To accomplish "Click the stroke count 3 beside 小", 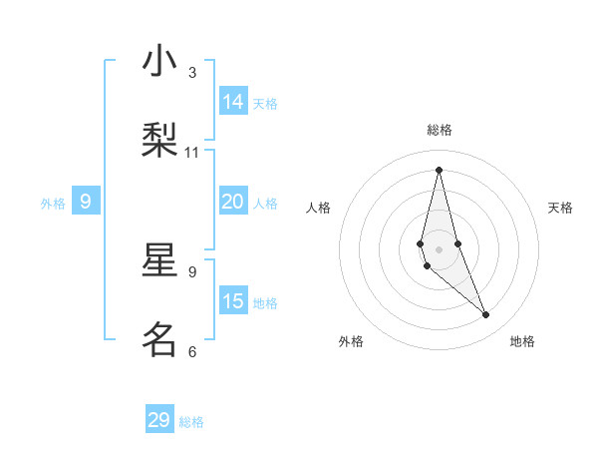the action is coord(192,72).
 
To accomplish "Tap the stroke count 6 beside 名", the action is coord(192,351).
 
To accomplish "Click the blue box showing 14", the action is coord(233,102).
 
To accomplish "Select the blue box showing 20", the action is coord(233,202).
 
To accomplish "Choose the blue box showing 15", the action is coord(233,301).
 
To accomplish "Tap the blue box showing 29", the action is coord(159,420).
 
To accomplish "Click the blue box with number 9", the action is coord(86,202).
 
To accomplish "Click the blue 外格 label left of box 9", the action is coord(53,204).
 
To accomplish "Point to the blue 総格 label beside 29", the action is coord(192,422).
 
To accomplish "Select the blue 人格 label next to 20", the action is coord(266,204).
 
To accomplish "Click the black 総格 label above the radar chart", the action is coord(440,130).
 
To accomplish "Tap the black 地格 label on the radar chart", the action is coord(522,341).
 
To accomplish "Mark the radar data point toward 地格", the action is coord(486,315).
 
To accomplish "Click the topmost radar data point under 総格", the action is coord(439,169).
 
